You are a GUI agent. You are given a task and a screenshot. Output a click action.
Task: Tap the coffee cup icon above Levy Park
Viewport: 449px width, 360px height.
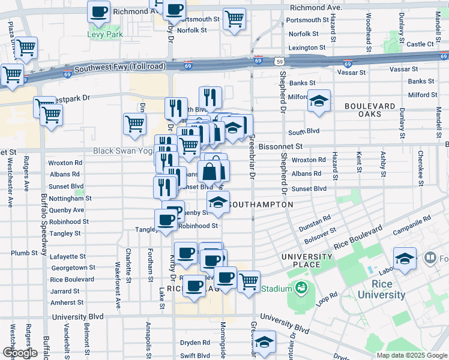(99, 11)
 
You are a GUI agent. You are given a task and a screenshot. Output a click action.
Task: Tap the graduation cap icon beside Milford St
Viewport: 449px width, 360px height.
(319, 100)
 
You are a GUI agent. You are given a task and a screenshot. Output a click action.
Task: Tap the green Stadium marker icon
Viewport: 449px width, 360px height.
(300, 289)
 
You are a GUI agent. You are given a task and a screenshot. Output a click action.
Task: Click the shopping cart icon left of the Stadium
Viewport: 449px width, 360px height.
(248, 280)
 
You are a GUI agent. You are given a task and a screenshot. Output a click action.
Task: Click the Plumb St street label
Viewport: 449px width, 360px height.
(24, 253)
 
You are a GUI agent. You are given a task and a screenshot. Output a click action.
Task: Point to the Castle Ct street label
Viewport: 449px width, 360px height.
(420, 44)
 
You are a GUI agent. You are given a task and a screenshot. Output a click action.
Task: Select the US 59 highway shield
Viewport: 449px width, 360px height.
(280, 61)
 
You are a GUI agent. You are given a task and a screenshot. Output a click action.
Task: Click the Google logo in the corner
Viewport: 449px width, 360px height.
(19, 353)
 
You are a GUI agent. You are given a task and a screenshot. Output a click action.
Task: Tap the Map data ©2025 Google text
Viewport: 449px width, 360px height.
(411, 355)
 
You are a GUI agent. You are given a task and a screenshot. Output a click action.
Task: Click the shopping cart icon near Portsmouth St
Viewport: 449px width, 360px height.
(234, 18)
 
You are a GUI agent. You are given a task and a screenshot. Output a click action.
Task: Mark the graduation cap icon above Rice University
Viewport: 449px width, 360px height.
(405, 259)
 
